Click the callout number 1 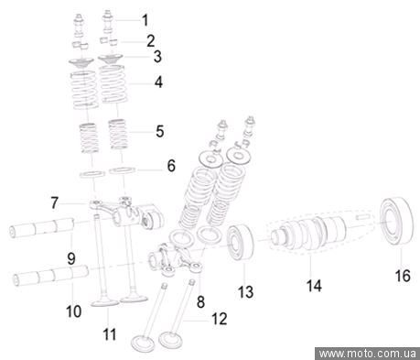145,20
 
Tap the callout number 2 151,41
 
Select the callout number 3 157,57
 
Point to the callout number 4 158,82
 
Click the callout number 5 160,131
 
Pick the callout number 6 171,166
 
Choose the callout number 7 55,203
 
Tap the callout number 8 200,301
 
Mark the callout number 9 71,259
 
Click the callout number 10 74,311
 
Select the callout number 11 110,334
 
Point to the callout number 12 220,319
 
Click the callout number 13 246,292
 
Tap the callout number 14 314,286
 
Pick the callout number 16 403,276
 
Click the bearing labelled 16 396,221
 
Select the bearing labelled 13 241,243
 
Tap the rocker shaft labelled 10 50,276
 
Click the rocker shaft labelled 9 42,228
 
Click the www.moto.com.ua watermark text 367,354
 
